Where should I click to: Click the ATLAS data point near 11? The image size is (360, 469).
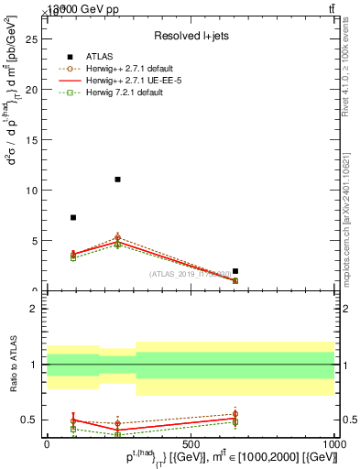117,180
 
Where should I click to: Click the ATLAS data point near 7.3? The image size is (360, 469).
73,217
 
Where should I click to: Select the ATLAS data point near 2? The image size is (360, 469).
235,271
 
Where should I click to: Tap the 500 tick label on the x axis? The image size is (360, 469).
191,443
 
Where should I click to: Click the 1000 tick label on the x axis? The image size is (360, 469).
335,443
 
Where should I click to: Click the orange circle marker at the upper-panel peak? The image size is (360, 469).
117,237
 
